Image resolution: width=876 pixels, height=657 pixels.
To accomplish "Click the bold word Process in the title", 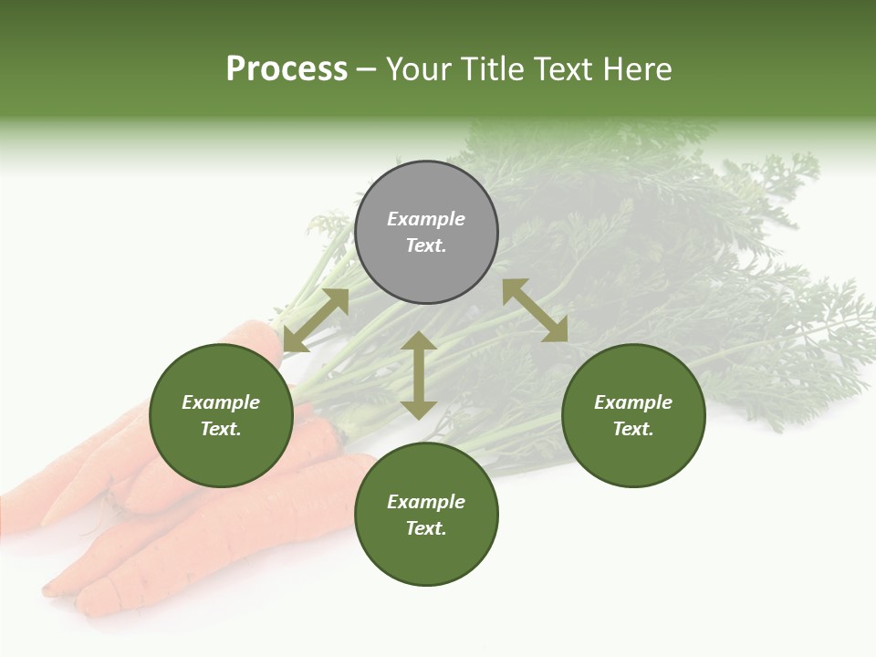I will click(287, 69).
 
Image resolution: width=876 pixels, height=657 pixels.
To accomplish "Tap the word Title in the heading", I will click(493, 69).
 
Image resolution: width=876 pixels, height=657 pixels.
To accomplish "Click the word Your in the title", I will click(421, 69).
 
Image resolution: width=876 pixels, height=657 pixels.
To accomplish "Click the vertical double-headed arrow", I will click(419, 375).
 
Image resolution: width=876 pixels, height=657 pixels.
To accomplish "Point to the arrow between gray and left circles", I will click(316, 320).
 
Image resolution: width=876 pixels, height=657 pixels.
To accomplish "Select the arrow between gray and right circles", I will click(535, 310).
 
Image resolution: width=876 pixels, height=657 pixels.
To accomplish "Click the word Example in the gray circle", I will click(426, 219).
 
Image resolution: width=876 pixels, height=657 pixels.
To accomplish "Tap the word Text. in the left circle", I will click(221, 429).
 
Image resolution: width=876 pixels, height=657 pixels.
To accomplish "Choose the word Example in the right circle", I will click(633, 402).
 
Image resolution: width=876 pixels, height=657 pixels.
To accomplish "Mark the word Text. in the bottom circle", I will click(426, 528).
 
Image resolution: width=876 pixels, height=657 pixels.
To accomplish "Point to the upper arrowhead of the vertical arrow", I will click(419, 341).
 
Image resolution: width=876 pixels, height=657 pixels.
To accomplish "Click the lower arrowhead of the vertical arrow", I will click(419, 410).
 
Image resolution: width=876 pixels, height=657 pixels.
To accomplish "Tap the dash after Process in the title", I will click(367, 69).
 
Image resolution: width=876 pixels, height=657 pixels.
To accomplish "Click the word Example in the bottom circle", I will click(426, 502).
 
